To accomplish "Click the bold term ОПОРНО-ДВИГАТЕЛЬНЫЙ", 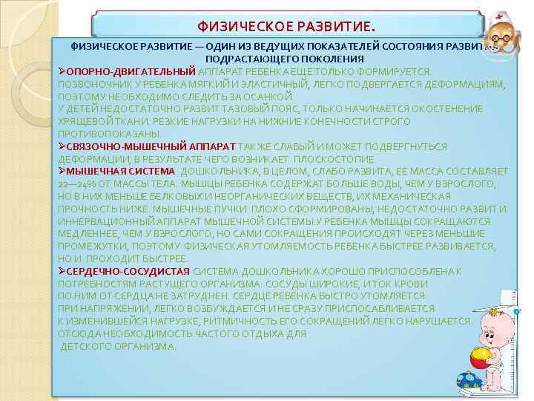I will pos(131,71).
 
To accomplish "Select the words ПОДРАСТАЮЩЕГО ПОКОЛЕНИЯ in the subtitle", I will pos(285,59).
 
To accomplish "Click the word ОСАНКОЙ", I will pos(270,97).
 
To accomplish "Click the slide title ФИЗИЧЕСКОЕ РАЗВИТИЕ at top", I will pos(285,27).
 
